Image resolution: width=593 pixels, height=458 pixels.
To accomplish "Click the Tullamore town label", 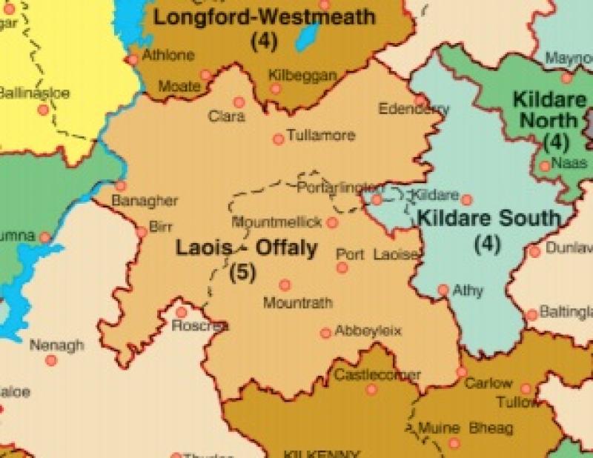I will pyautogui.click(x=322, y=136).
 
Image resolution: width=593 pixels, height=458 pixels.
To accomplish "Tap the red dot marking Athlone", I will pyautogui.click(x=133, y=59).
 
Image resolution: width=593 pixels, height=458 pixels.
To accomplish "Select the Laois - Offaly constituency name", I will pyautogui.click(x=246, y=248).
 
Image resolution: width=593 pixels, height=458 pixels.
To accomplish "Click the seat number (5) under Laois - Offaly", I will pyautogui.click(x=242, y=272).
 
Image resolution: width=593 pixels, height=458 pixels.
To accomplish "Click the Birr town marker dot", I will pyautogui.click(x=141, y=233).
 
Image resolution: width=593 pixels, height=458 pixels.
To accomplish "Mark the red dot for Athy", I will pyautogui.click(x=443, y=290).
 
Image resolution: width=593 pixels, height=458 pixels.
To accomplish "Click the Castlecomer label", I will pyautogui.click(x=377, y=375).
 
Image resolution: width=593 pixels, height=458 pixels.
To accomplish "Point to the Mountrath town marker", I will pyautogui.click(x=285, y=285).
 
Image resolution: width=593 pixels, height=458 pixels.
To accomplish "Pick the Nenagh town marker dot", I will pyautogui.click(x=51, y=360).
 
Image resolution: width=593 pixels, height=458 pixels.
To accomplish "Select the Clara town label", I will pyautogui.click(x=226, y=116).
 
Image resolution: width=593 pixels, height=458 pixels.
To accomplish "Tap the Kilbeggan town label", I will pyautogui.click(x=302, y=76).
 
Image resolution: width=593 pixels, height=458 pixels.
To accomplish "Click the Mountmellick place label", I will pyautogui.click(x=277, y=222).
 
